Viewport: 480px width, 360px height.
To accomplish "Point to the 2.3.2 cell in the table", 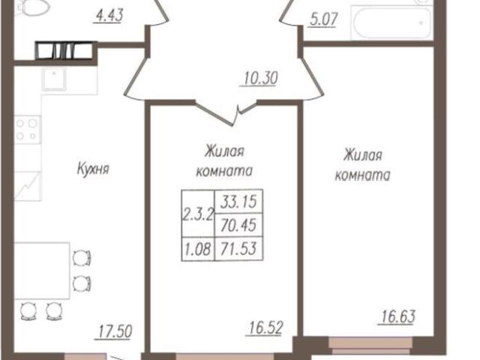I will (x=197, y=211).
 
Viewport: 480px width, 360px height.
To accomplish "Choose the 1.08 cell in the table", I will (x=197, y=245).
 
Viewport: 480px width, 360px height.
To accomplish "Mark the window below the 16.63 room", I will (x=370, y=346).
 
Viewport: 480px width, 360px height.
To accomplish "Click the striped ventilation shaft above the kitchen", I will (x=64, y=52).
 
